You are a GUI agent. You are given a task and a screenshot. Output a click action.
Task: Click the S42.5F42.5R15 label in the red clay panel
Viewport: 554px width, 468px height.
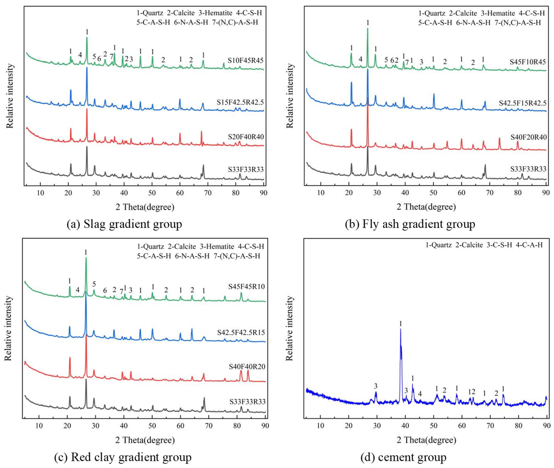coord(241,332)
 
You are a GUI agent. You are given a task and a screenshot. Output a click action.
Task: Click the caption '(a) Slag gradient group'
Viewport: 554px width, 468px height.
coord(124,224)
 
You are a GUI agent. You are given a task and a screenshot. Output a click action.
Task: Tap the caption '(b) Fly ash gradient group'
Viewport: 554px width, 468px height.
coord(410,224)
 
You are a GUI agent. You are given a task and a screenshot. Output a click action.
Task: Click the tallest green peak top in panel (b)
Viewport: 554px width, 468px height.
coord(368,29)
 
